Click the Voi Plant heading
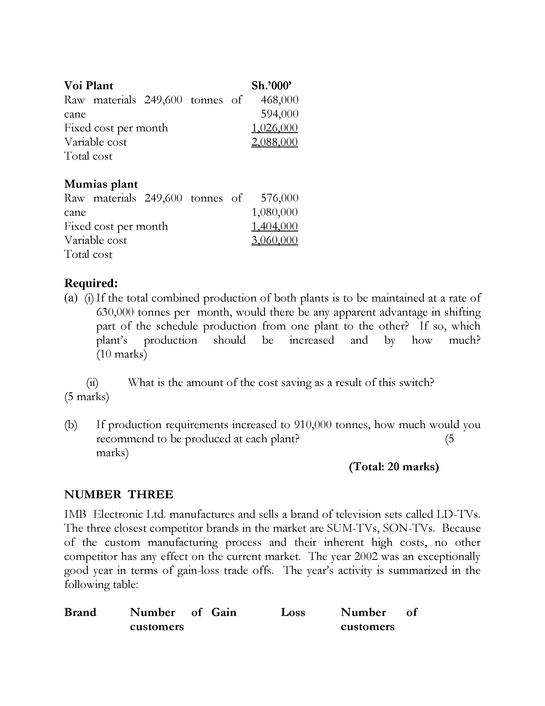click(88, 86)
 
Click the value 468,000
click(280, 100)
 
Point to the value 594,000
click(280, 114)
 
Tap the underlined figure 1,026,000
click(274, 128)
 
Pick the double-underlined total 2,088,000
click(274, 142)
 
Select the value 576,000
click(280, 198)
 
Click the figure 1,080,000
click(274, 212)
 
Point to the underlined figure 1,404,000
click(274, 226)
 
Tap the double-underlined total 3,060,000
click(274, 240)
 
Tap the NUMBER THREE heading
click(118, 495)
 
